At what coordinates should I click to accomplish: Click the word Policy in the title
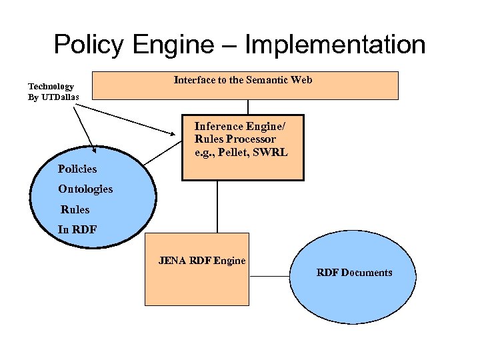point(89,45)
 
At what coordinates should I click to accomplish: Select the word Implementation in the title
point(335,45)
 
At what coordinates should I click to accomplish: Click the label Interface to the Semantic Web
point(243,80)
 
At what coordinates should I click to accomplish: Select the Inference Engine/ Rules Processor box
point(243,147)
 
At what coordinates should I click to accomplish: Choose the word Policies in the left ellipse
point(77,169)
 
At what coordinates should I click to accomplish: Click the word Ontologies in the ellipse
point(85,189)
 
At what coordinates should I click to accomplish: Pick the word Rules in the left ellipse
point(75,209)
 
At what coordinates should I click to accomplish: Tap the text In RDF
point(77,229)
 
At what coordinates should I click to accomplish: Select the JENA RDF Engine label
point(202,261)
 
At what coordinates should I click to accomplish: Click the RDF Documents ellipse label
point(354,273)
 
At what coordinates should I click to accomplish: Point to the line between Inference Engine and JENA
point(217,207)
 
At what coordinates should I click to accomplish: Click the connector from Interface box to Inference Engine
point(248,107)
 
